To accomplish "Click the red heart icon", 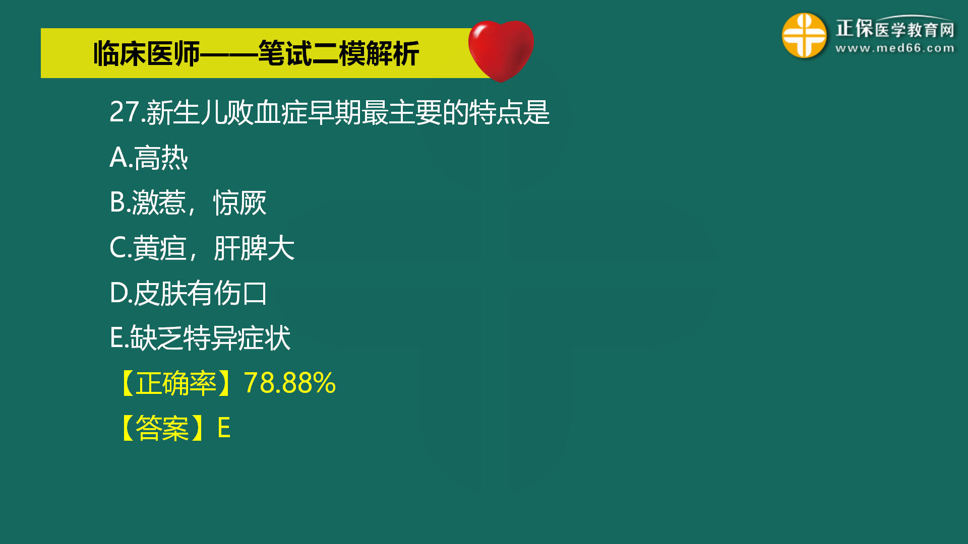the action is click(501, 50).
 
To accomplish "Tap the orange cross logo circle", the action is click(804, 35).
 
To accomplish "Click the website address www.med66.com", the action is click(895, 48).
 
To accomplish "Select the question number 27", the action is click(125, 112).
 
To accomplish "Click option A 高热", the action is click(149, 158).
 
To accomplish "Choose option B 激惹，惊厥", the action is click(188, 202).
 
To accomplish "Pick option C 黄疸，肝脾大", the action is click(202, 248).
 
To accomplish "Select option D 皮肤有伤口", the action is click(188, 293).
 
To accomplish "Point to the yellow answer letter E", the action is click(224, 428).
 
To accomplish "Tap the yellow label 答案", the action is click(162, 428).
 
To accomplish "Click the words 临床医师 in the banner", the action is click(147, 53).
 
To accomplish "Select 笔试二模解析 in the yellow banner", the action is click(338, 53).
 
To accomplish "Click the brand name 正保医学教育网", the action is click(895, 28).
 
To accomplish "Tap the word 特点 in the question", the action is click(496, 112).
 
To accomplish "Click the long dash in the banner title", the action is click(229, 54).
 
